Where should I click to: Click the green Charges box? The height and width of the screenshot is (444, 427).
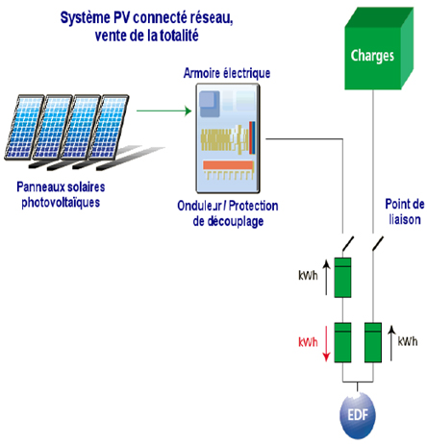click(374, 56)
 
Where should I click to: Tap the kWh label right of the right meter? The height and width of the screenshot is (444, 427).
click(407, 340)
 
